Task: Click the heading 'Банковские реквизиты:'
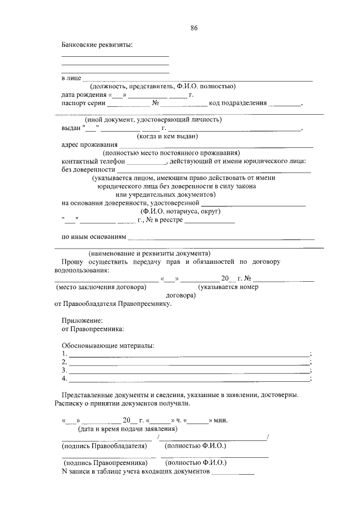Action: click(x=97, y=44)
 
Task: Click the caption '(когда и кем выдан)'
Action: click(x=168, y=136)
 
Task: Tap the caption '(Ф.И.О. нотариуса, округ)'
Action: click(x=181, y=211)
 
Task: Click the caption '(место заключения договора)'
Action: click(x=101, y=287)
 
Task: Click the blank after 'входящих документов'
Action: click(x=232, y=472)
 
